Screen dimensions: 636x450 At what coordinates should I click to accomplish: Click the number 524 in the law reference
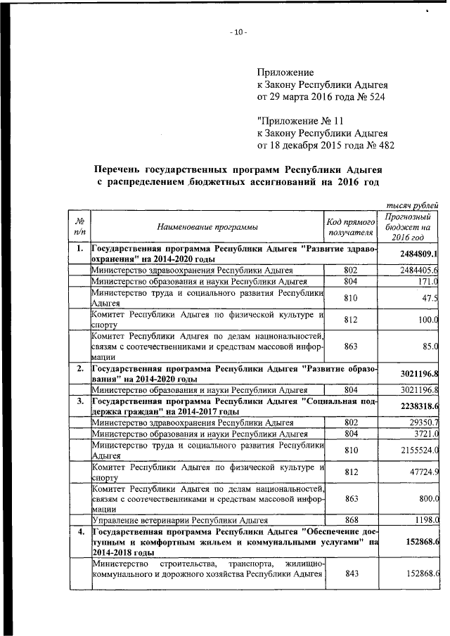[373, 96]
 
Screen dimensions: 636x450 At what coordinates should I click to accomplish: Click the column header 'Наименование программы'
[207, 226]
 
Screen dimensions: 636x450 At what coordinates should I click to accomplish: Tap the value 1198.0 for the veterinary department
[425, 521]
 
